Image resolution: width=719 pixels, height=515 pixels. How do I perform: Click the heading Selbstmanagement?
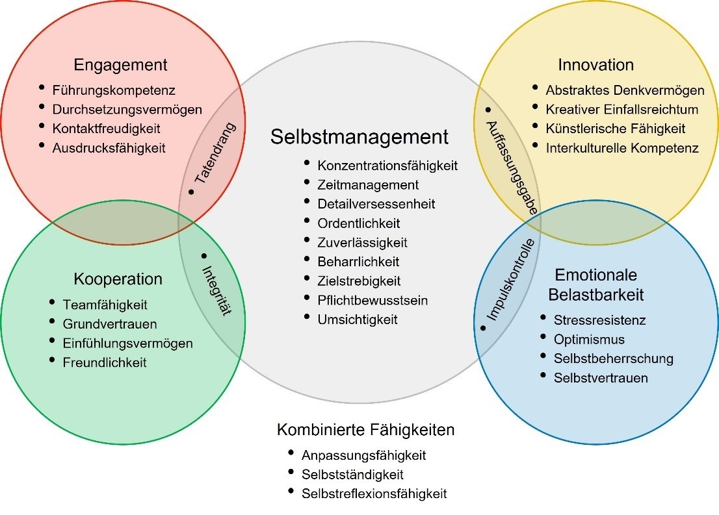tap(359, 137)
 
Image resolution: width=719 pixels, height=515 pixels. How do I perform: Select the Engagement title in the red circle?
tap(120, 65)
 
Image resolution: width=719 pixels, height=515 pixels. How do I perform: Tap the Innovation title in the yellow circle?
tap(595, 65)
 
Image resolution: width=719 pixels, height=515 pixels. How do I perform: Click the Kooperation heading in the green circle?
tap(118, 279)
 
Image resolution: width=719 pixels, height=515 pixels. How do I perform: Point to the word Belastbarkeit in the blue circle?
tap(595, 294)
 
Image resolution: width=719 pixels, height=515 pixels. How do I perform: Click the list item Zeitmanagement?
tap(368, 185)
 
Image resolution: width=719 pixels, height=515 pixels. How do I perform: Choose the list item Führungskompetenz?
tap(114, 90)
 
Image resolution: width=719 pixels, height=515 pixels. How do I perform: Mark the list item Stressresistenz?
tap(599, 320)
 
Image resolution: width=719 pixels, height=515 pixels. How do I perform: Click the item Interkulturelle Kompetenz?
tap(622, 148)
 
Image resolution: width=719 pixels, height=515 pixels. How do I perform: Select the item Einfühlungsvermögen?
tap(127, 344)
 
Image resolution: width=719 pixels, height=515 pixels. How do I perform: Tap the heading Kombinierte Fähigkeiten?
tap(365, 430)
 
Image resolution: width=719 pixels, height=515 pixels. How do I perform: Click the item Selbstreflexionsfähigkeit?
tap(374, 494)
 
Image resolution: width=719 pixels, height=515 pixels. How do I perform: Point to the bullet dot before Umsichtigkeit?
tap(307, 317)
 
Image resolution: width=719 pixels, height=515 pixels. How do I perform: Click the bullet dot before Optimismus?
tap(543, 336)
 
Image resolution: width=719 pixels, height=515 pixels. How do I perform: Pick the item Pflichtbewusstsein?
tap(373, 301)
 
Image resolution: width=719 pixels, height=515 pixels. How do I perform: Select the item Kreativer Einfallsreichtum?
tap(621, 109)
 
